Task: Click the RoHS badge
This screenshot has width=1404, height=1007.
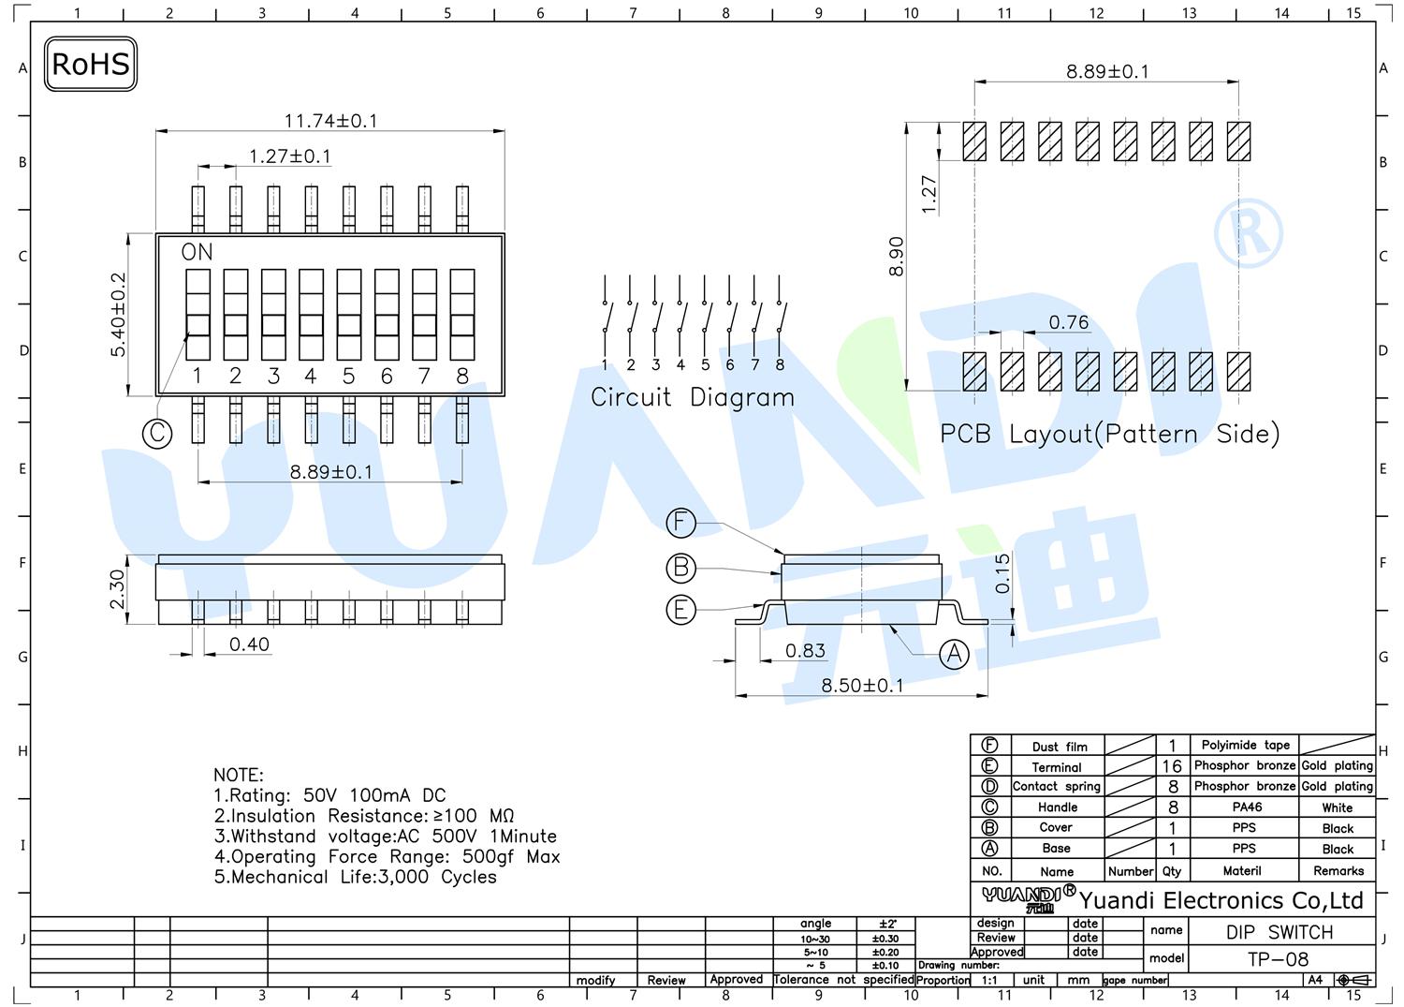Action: point(91,64)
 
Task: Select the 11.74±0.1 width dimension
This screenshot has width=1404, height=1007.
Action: point(331,121)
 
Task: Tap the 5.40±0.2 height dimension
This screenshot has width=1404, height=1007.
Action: point(118,315)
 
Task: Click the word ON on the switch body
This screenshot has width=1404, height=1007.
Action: point(197,252)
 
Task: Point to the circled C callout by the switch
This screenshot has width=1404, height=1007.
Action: point(157,433)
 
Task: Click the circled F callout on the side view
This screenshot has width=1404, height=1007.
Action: point(681,523)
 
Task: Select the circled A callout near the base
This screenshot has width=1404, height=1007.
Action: point(954,655)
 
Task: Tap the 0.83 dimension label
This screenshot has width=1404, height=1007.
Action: point(805,651)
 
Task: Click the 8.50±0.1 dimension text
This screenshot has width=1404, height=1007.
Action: point(862,685)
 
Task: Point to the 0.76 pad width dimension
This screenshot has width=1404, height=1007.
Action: point(1069,322)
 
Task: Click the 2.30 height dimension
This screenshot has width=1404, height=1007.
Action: point(117,589)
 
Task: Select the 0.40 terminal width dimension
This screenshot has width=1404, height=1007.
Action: point(250,644)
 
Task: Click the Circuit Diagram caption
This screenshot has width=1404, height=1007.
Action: point(693,398)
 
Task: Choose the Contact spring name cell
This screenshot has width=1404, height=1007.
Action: point(1057,786)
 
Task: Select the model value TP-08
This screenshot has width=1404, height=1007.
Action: point(1278,959)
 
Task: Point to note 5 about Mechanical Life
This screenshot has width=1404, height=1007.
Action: point(356,877)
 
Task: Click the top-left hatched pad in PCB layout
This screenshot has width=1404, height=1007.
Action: point(974,141)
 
